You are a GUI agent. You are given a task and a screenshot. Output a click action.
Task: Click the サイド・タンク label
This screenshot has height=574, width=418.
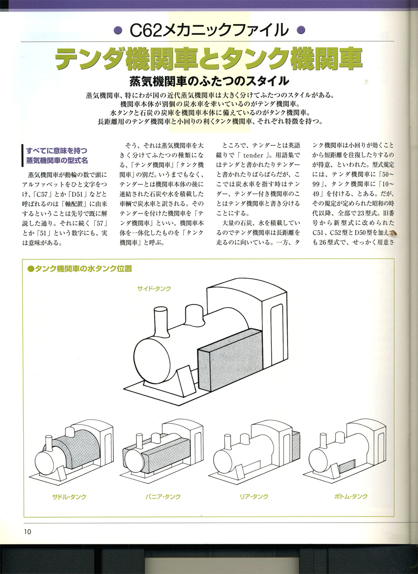click(x=154, y=289)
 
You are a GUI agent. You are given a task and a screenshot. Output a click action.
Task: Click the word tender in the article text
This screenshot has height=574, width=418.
click(x=253, y=155)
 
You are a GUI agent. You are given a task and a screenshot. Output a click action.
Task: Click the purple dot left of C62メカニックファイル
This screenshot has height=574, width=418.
click(x=119, y=30)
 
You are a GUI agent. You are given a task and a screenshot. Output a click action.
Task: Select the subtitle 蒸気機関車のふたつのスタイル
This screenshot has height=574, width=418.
click(x=209, y=81)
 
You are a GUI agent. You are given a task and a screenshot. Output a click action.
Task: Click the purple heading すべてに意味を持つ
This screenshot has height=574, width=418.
click(x=57, y=150)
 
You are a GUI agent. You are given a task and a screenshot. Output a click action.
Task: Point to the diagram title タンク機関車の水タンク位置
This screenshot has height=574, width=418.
click(x=80, y=269)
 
